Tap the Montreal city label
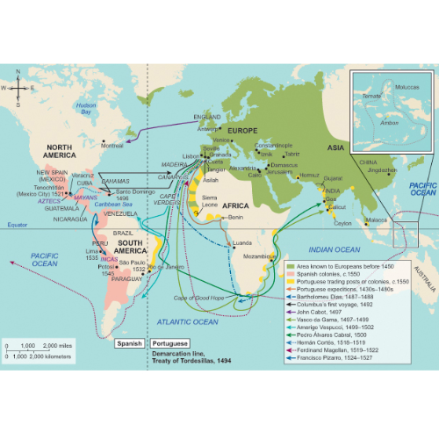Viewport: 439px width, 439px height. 112,146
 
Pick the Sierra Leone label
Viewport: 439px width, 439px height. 212,201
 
